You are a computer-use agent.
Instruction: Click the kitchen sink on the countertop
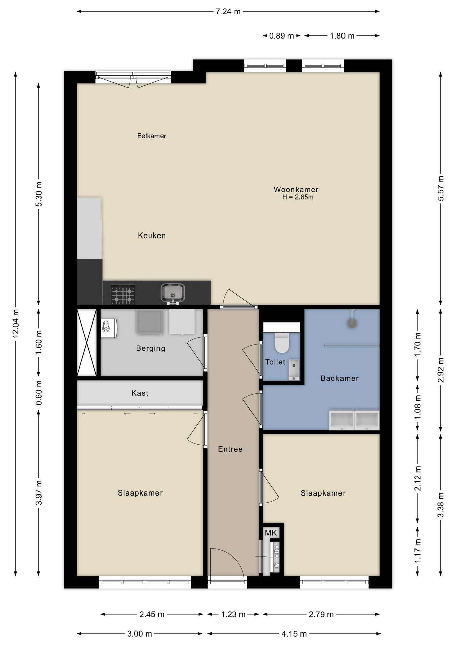[x=173, y=293]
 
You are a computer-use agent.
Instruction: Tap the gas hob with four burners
[x=123, y=294]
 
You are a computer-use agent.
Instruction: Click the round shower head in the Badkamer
[x=352, y=323]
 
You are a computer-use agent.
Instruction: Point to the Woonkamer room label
[x=296, y=189]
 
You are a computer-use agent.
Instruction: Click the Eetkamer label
[x=152, y=136]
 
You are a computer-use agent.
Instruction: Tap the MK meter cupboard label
[x=271, y=533]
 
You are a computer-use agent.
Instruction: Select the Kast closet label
[x=140, y=393]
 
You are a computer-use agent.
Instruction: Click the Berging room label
[x=150, y=348]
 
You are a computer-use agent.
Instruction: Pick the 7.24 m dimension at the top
[x=228, y=11]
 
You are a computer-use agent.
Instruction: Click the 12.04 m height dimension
[x=15, y=324]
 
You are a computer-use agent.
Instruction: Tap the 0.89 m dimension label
[x=281, y=36]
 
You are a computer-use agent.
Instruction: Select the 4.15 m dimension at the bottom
[x=294, y=634]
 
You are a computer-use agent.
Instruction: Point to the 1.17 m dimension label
[x=417, y=551]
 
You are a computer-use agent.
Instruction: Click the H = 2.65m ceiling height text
[x=298, y=197]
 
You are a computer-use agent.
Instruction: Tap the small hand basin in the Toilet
[x=294, y=370]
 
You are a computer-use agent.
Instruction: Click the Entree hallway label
[x=230, y=449]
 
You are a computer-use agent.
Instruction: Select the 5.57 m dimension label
[x=441, y=188]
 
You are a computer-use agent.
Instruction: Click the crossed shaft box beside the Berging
[x=87, y=342]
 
